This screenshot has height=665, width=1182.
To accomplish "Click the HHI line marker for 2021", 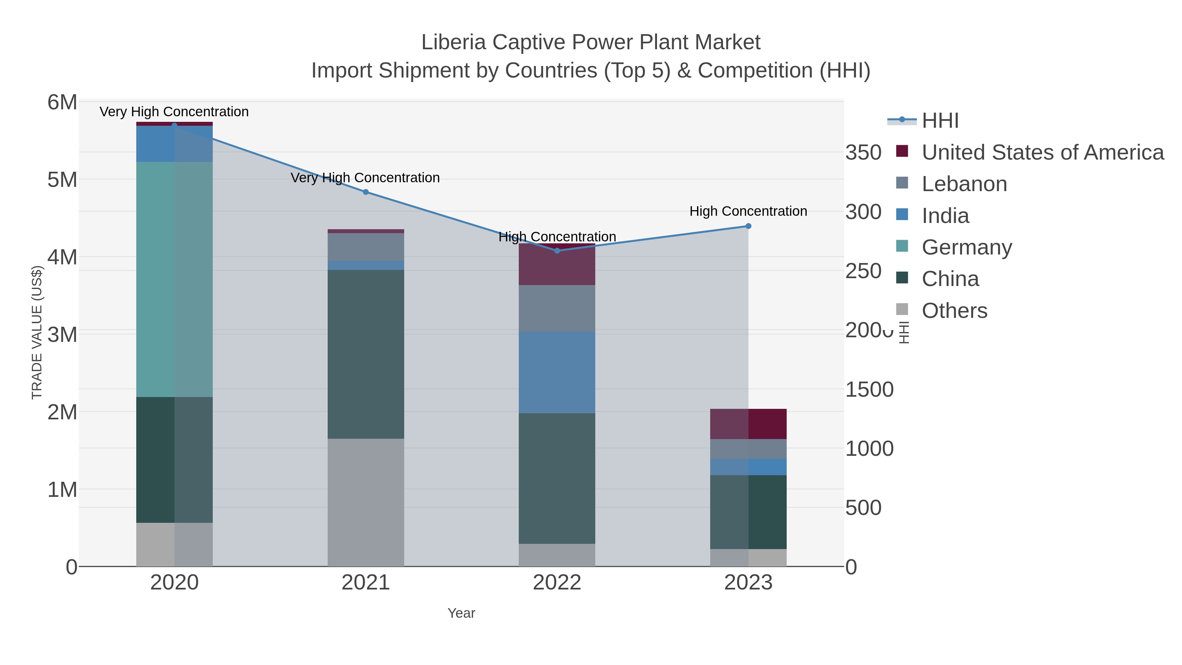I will click(366, 192).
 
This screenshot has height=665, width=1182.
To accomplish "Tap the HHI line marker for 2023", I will click(748, 226).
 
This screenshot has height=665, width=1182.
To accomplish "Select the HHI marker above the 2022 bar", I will click(557, 251).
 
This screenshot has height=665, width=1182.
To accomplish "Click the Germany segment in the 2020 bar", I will click(174, 279).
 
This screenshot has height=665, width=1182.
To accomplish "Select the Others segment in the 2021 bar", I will click(366, 502).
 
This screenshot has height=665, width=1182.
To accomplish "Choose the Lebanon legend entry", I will click(964, 184).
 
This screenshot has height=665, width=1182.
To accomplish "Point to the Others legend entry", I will click(954, 311).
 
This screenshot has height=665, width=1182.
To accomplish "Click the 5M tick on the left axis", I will click(62, 180).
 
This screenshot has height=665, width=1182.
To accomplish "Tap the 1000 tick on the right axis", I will click(869, 449).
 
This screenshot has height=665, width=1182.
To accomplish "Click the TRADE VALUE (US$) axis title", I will click(37, 332).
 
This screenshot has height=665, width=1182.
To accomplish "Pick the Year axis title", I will click(461, 613).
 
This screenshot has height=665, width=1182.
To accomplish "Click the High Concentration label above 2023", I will click(748, 211).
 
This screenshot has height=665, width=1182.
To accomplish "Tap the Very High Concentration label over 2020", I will click(174, 112).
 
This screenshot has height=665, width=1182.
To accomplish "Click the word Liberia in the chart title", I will click(453, 42).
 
